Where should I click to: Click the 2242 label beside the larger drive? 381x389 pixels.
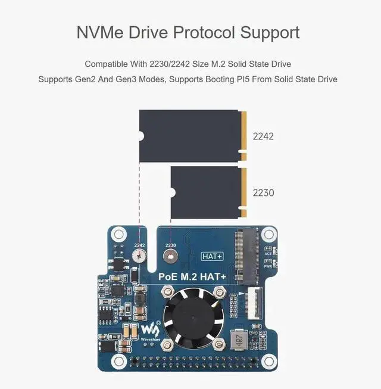(263, 136)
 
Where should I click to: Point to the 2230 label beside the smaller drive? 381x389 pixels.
(263, 193)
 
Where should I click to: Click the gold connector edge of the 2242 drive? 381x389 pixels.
(243, 135)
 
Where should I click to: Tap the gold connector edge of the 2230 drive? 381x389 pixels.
(243, 192)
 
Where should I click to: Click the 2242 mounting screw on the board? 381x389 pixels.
(140, 257)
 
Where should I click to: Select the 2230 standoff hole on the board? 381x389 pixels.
(171, 257)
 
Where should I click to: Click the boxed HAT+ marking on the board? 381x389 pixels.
(213, 256)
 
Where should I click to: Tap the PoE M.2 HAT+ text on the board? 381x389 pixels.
(192, 277)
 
